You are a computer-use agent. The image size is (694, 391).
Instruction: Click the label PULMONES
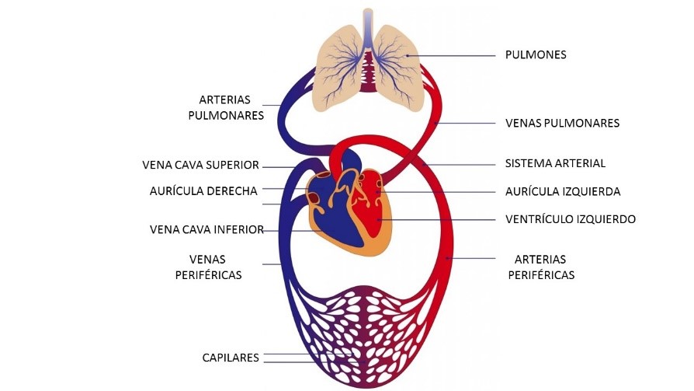[x=536, y=55]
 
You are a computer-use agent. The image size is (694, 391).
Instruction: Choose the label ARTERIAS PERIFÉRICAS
[x=541, y=267]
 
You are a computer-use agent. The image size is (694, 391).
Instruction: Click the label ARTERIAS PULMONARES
[x=226, y=107]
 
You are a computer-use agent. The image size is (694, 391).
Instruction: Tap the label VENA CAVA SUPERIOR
[x=200, y=165]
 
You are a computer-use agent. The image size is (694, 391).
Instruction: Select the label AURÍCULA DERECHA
[x=203, y=191]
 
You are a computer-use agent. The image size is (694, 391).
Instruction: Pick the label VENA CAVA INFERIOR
[x=206, y=229]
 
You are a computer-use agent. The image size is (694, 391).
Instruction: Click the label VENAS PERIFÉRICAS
[x=215, y=267]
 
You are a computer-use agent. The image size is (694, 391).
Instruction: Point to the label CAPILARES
[x=227, y=357]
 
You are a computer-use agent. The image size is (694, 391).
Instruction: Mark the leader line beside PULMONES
[x=458, y=55]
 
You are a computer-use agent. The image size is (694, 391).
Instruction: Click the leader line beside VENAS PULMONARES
[x=466, y=123]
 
